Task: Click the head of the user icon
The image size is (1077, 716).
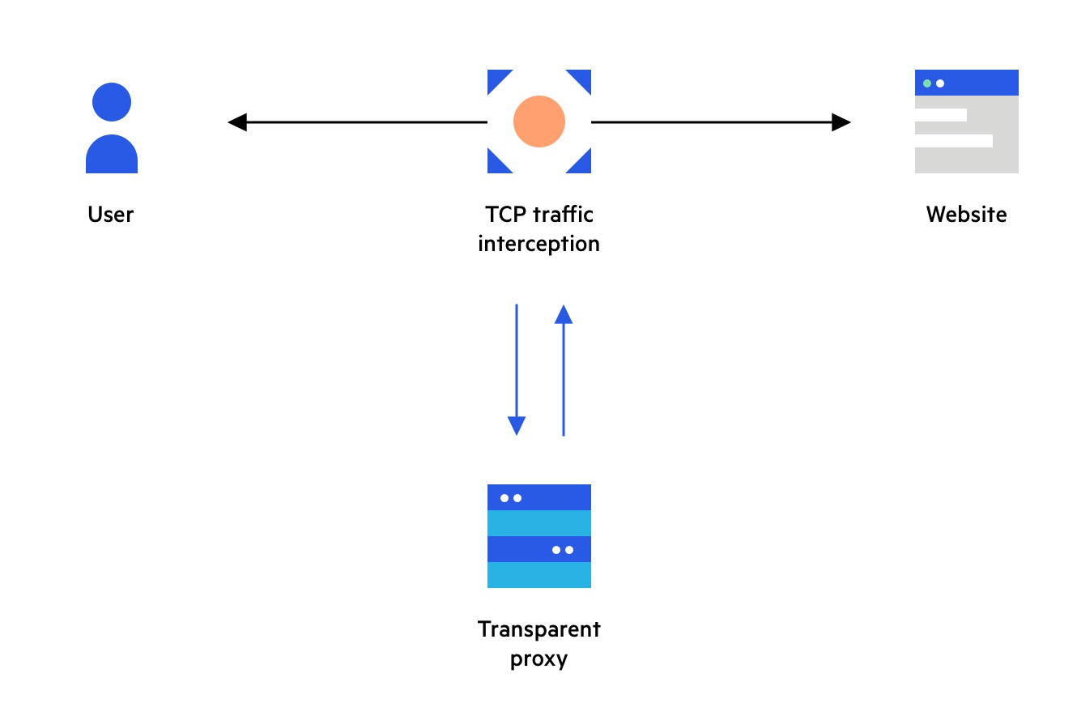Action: [112, 102]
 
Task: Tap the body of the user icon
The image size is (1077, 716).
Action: [112, 156]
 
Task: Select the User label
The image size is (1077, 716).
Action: [111, 215]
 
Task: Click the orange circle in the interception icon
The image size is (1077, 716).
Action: [539, 121]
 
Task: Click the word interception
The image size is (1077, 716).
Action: [539, 244]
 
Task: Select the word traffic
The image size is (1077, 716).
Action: [563, 215]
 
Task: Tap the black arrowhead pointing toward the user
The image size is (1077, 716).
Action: [236, 122]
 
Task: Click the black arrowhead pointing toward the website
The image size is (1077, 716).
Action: [841, 122]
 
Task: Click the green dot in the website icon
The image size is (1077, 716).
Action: [927, 83]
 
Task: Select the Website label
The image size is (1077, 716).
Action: [967, 215]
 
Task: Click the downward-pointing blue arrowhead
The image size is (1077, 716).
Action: [517, 425]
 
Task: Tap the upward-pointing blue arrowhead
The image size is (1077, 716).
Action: [564, 314]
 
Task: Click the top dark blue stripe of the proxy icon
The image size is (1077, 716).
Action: [539, 497]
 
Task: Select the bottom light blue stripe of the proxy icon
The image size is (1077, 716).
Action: [539, 575]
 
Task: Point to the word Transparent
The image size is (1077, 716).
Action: [539, 629]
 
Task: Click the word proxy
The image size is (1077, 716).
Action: [539, 658]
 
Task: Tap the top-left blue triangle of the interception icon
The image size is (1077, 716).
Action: [496, 78]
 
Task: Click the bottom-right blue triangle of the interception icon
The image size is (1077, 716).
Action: [583, 165]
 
